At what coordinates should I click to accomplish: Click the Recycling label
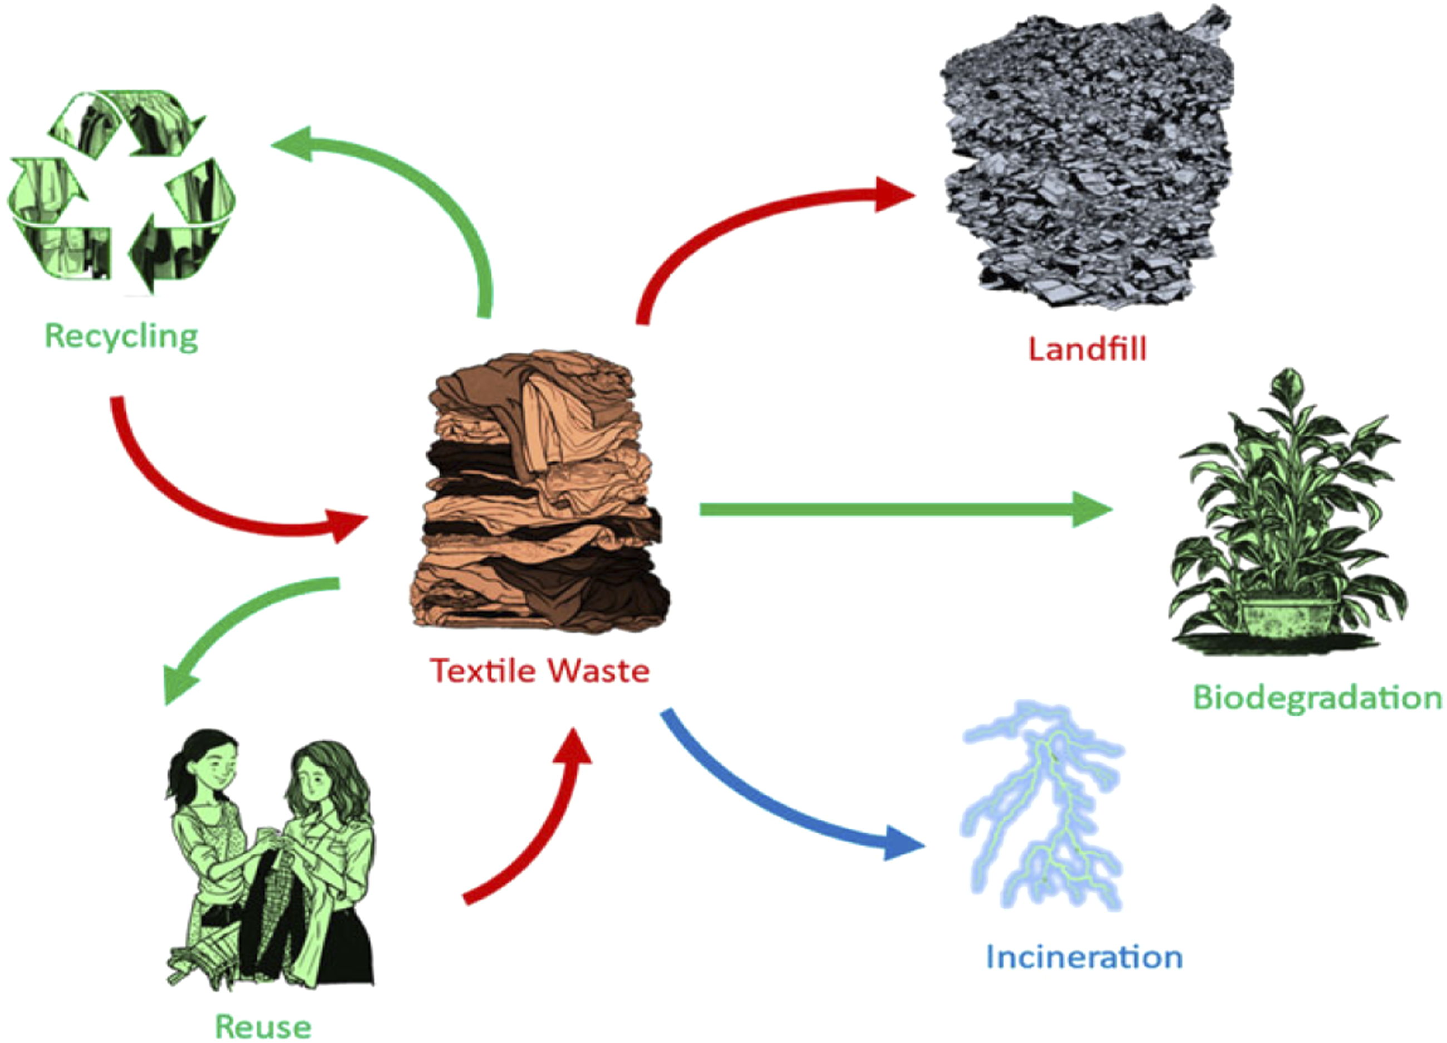[x=121, y=336]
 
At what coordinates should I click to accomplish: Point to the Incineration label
[x=1084, y=957]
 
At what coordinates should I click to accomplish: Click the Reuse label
[x=263, y=1026]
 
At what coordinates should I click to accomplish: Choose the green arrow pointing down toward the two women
[x=236, y=625]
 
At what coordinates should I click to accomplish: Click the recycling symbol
[x=121, y=191]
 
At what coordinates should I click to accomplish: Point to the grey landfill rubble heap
[x=1085, y=160]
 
